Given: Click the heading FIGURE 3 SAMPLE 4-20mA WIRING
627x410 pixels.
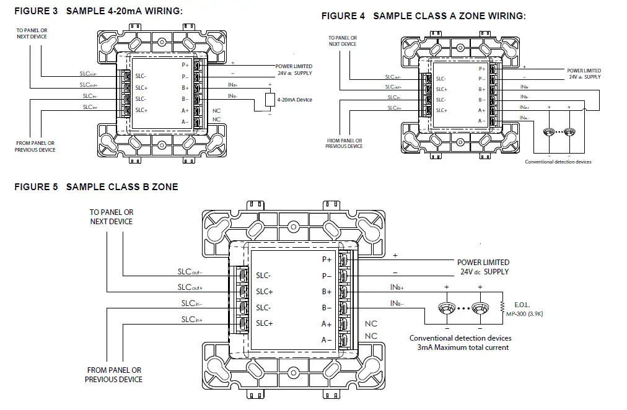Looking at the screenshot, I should tap(99, 11).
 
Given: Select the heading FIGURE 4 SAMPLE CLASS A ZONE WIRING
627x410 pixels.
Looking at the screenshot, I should tap(423, 16).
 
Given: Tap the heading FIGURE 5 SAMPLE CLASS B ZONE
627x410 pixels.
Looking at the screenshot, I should tap(96, 187).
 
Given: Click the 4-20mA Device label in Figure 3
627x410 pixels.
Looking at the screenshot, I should tap(295, 99).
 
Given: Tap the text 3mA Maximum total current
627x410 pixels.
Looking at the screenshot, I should tap(463, 347).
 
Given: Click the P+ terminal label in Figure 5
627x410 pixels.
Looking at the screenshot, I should tap(327, 260).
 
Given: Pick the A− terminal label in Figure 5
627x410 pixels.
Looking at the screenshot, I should tap(327, 340).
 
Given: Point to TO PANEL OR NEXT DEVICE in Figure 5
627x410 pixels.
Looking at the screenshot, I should tap(112, 217).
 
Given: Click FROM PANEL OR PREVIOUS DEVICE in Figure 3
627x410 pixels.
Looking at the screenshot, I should tap(35, 146).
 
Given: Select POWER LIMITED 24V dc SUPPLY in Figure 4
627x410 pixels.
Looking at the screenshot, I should tap(584, 74).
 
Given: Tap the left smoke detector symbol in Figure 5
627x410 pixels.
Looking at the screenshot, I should tap(446, 308).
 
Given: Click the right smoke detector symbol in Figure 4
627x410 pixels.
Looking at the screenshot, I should tap(570, 132).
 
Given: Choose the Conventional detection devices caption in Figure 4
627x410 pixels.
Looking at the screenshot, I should tap(558, 162).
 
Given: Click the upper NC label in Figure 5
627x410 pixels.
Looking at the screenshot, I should tap(371, 324).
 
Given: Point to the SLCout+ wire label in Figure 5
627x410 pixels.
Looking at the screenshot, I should tap(190, 287).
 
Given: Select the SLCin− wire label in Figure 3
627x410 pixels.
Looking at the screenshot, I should tap(90, 96).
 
